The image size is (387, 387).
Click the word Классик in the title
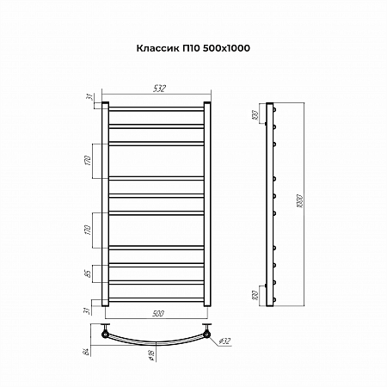point(157,51)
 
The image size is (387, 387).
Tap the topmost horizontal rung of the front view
point(156,109)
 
